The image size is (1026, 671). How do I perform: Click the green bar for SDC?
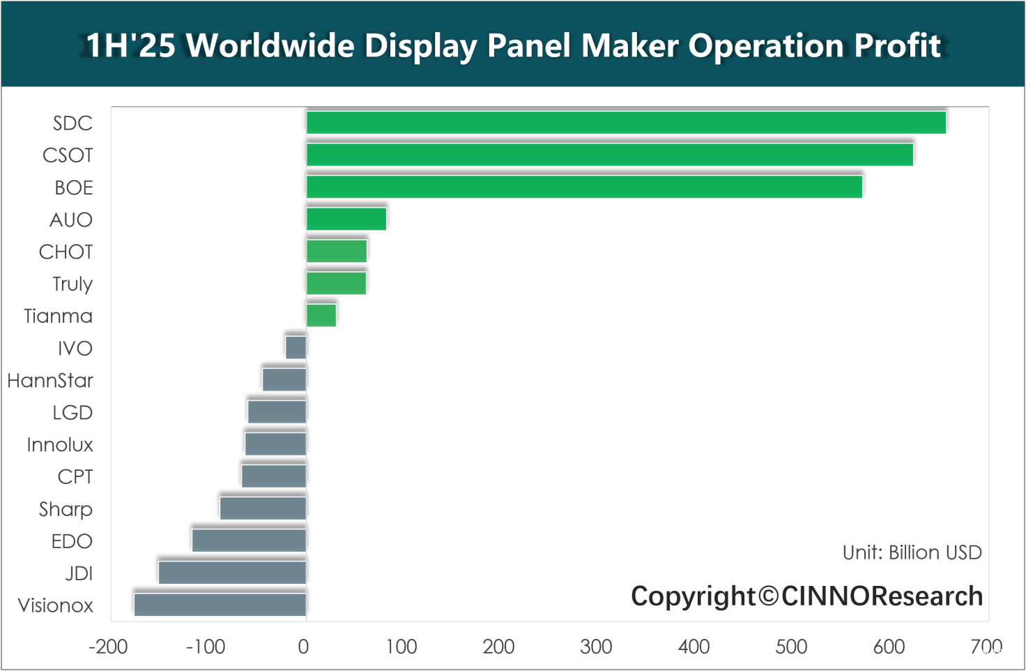point(626,123)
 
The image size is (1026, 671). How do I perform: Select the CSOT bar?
point(610,155)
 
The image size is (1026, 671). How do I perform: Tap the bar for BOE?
point(584,187)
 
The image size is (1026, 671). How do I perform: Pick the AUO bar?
point(346,219)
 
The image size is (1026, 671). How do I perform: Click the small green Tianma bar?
point(321,315)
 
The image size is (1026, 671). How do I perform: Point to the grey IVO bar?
point(296,347)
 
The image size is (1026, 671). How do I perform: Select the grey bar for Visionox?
point(220,605)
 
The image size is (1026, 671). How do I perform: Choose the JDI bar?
point(232,573)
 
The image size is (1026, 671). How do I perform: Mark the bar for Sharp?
point(263,508)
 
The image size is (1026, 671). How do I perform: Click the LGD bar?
point(277,412)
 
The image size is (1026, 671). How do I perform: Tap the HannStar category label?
point(50,380)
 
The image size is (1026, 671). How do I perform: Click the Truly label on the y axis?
point(72,284)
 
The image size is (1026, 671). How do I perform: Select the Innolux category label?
point(60,444)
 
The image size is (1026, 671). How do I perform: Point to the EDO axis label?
point(72,541)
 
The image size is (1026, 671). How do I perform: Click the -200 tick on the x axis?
point(108,647)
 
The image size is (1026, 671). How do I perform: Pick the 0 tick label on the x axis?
point(303,647)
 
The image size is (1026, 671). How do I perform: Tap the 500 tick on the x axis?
point(791,647)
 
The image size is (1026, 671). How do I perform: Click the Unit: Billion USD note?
point(912,552)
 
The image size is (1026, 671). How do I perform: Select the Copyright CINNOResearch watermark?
point(806,596)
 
